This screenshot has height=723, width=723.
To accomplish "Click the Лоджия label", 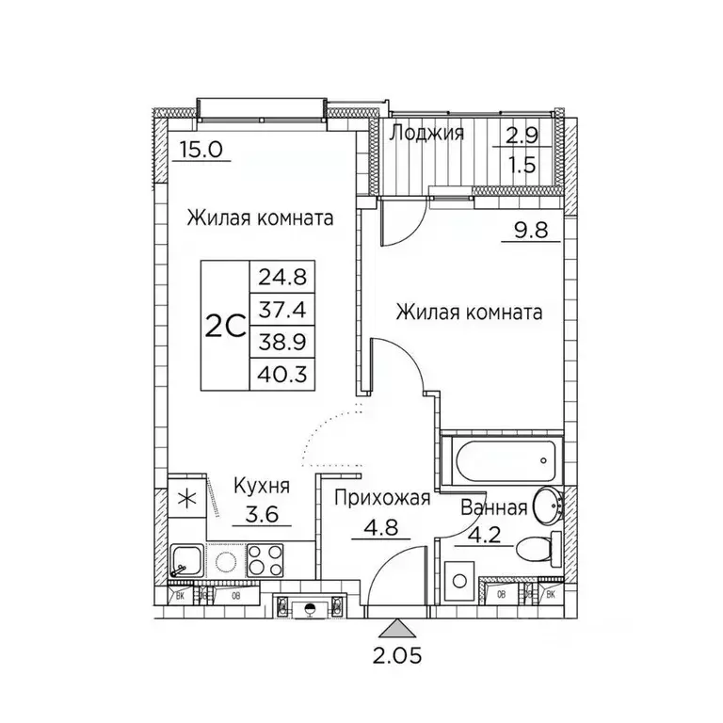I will pos(426,133).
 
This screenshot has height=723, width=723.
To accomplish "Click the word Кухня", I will pos(262,487).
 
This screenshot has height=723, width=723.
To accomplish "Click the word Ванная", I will pos(492,509).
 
